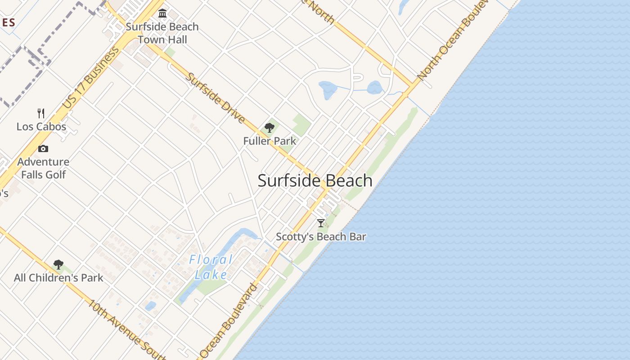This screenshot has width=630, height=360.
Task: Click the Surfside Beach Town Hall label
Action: point(162,33)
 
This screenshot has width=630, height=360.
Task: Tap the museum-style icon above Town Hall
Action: point(162,13)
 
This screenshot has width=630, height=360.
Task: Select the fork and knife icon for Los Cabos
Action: point(41,113)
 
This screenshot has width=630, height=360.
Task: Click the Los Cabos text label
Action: point(41,126)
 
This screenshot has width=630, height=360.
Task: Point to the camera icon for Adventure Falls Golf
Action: point(43,148)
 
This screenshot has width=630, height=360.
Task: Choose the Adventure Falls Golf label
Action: point(43,168)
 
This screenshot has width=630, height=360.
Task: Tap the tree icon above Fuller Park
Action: point(270,128)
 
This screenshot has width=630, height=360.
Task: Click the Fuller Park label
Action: point(270,141)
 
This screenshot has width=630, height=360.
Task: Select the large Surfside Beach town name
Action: point(315,180)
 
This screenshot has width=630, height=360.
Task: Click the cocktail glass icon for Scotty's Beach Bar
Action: point(321,223)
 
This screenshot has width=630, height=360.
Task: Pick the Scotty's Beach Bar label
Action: point(321,237)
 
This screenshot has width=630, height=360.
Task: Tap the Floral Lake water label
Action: point(211,267)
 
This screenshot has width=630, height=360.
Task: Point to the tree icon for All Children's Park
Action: point(58,265)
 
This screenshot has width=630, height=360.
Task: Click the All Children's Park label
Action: point(58,278)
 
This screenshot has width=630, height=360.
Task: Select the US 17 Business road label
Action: point(91,77)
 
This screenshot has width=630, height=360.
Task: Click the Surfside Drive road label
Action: point(216,99)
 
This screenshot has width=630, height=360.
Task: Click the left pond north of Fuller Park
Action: point(328,90)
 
